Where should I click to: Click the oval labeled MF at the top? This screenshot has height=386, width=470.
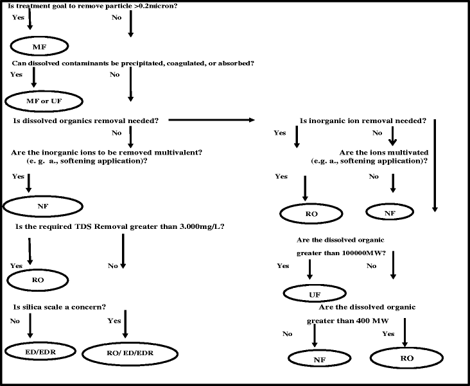[39, 47]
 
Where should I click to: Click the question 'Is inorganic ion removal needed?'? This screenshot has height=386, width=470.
[363, 121]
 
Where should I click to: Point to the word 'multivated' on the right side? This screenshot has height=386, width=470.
[399, 152]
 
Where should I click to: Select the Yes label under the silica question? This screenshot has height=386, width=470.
[114, 321]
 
